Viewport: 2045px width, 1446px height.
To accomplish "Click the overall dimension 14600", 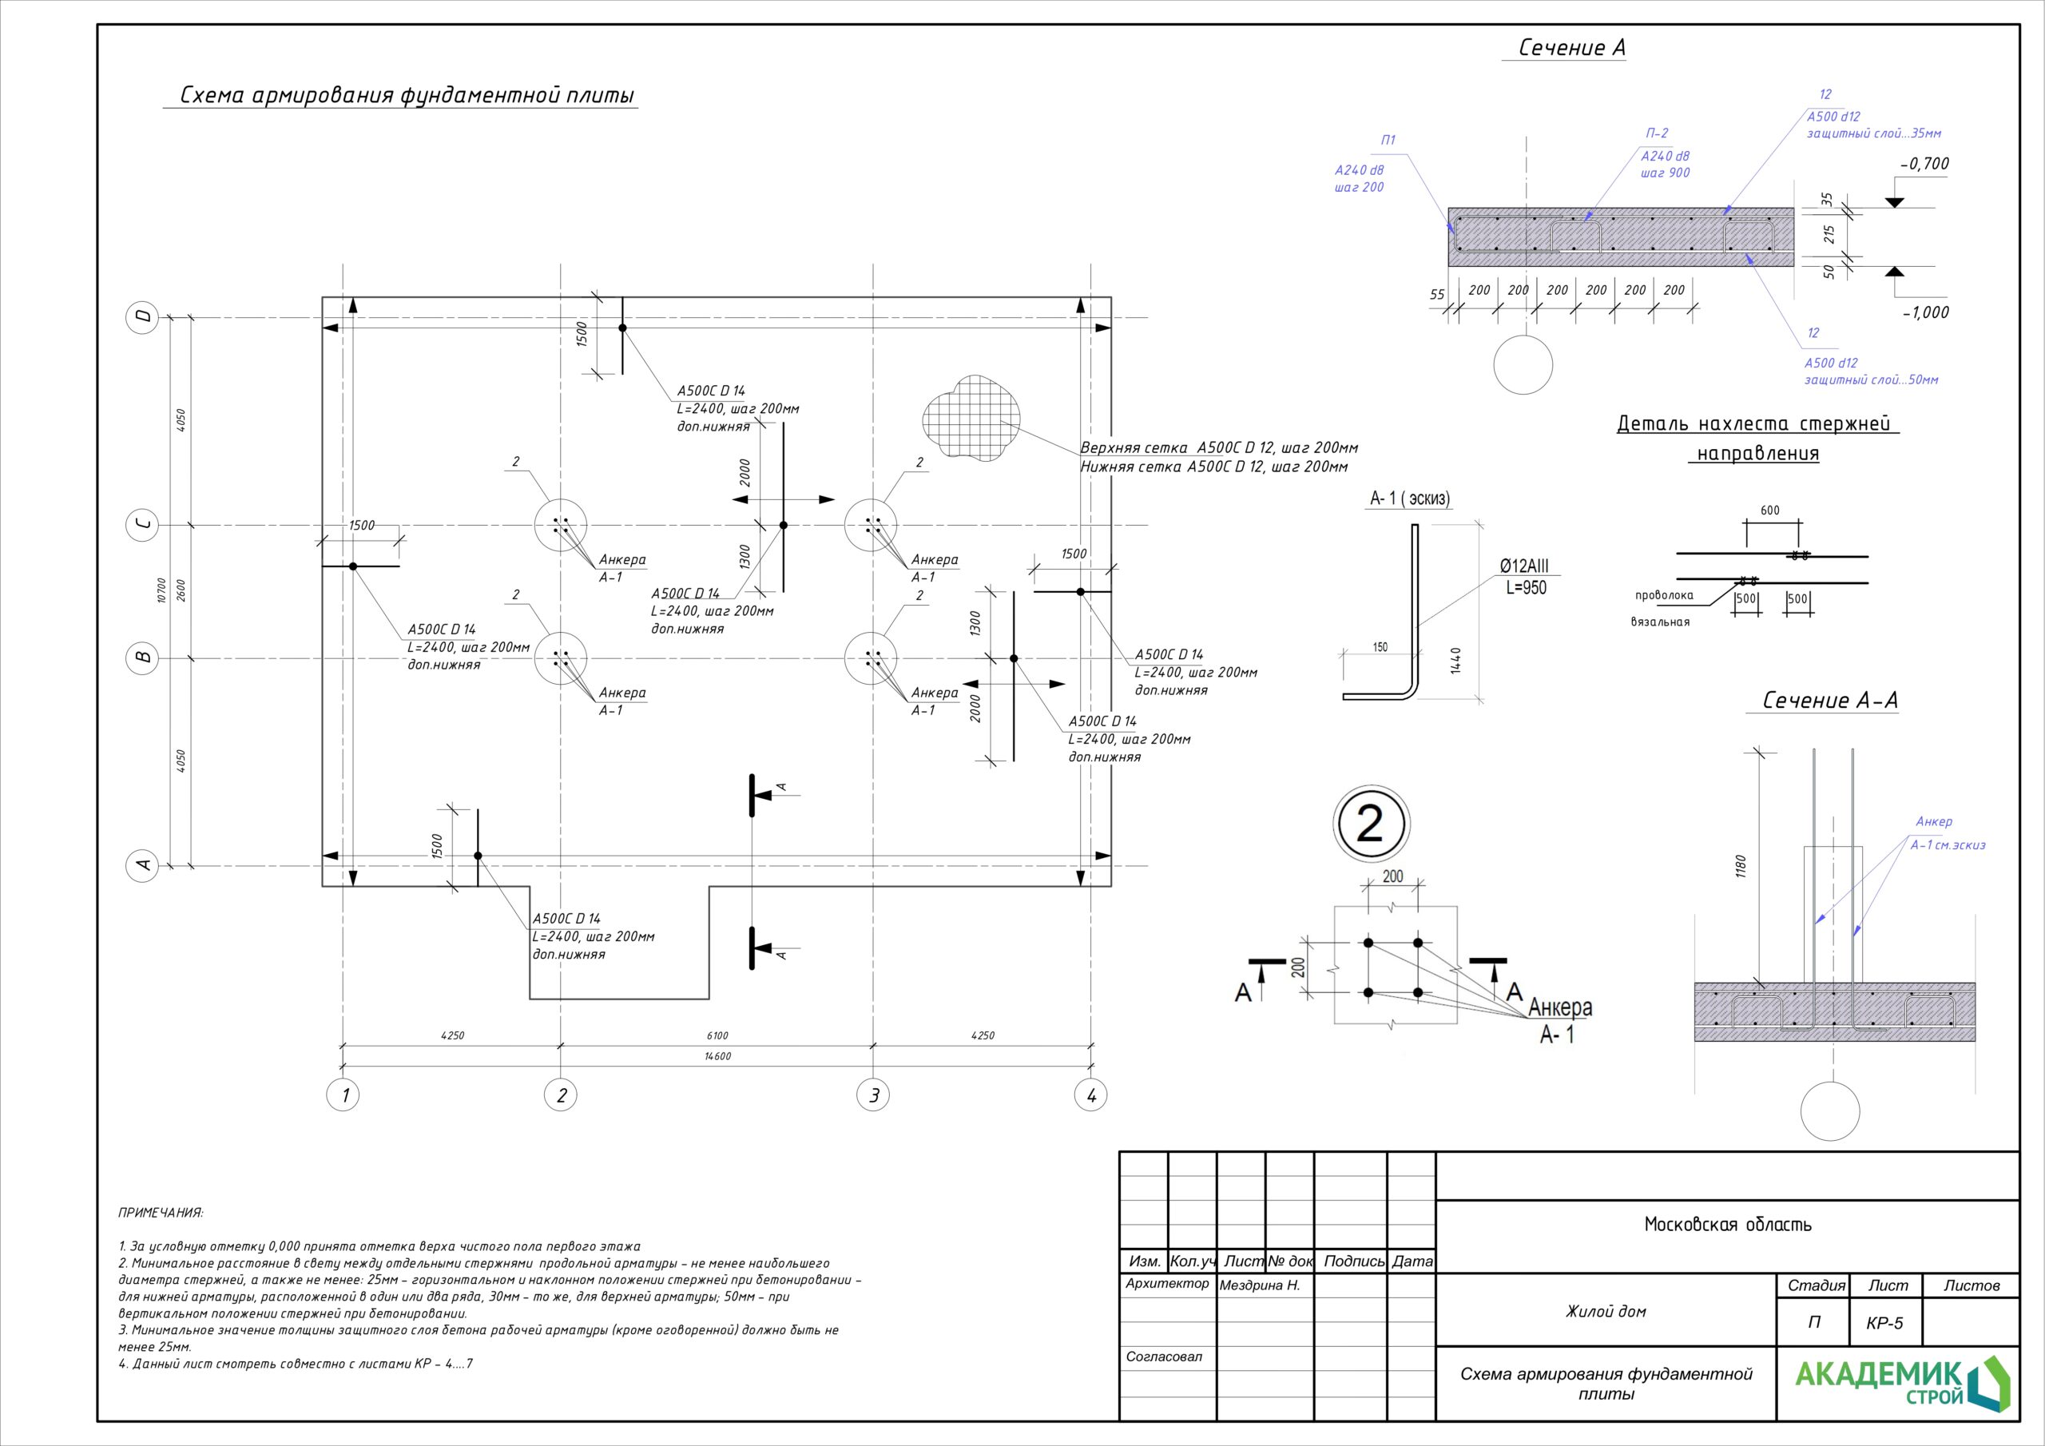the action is pyautogui.click(x=717, y=1057).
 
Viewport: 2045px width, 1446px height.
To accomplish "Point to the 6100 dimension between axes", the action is pyautogui.click(x=717, y=1035).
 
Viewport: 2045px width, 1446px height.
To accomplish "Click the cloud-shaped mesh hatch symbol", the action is pyautogui.click(x=971, y=419).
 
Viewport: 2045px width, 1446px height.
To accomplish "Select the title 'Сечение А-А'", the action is pyautogui.click(x=1829, y=701).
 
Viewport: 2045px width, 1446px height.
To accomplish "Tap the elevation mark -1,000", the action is pyautogui.click(x=1924, y=312).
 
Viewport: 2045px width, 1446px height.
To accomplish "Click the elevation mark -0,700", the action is pyautogui.click(x=1924, y=163).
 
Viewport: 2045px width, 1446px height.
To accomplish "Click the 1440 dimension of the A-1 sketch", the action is pyautogui.click(x=1455, y=660).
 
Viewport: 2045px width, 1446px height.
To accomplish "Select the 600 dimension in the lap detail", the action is pyautogui.click(x=1769, y=510).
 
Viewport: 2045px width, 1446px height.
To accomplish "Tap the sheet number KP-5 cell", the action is pyautogui.click(x=1884, y=1323).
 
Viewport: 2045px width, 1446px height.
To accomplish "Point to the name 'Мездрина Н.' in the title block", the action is pyautogui.click(x=1260, y=1285).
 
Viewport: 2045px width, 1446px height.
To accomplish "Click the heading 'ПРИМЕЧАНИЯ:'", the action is pyautogui.click(x=161, y=1213).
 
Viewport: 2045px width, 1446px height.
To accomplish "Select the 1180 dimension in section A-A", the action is pyautogui.click(x=1741, y=866).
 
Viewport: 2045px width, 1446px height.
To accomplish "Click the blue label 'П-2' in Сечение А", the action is pyautogui.click(x=1657, y=133).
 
